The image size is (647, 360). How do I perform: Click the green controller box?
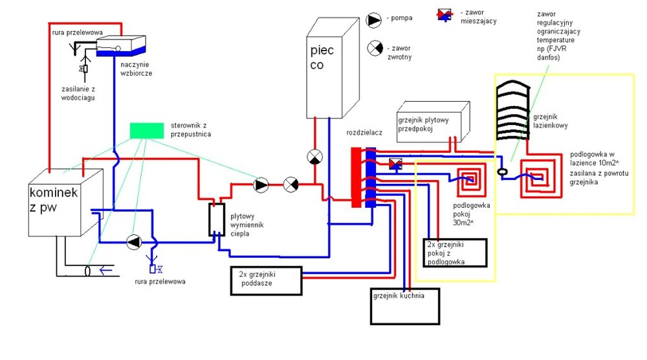coord(146,130)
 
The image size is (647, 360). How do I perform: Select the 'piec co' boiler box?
coord(332,68)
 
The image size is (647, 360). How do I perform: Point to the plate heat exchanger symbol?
coord(216,219)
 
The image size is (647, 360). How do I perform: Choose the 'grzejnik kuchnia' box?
coord(404,306)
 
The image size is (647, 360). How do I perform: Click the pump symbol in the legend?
coord(375,20)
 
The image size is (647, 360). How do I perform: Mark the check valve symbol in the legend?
coord(375,49)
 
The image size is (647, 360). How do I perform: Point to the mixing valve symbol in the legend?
coord(446,14)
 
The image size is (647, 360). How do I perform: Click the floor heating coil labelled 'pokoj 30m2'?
coord(471,182)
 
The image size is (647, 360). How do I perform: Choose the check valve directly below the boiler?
coord(314,157)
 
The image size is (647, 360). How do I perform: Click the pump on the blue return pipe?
coord(134,242)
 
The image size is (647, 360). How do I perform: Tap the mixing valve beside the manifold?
coord(396,164)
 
